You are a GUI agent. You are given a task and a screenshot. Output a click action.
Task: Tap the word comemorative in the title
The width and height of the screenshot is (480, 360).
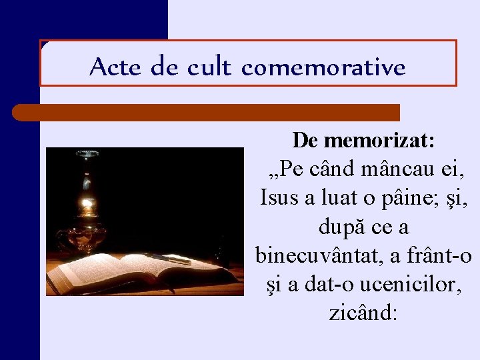tap(323, 67)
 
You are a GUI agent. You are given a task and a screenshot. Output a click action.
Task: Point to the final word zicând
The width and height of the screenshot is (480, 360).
tap(363, 313)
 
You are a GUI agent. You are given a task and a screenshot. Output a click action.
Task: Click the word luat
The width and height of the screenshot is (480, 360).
tap(341, 198)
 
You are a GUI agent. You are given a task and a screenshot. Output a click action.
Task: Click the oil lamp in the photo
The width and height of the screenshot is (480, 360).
tap(85, 213)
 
